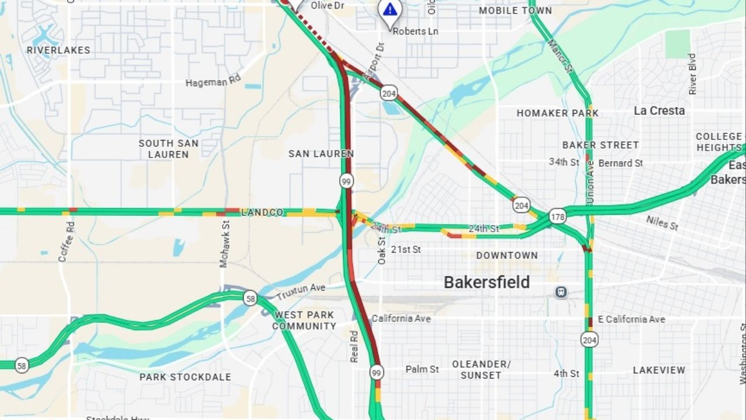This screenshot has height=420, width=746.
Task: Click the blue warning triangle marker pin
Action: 389,10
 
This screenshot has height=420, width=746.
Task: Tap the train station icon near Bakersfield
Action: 561,292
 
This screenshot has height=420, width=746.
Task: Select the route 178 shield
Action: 557,216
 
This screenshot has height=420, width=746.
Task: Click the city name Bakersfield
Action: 487,282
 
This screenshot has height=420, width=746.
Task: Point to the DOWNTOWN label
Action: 506,256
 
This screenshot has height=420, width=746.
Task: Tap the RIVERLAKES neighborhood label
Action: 58,50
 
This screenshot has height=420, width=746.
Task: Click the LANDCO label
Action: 262,212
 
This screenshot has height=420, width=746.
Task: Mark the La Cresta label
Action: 659,111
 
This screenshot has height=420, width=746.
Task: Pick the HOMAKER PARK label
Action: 557,113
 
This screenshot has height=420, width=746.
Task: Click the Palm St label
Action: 422,369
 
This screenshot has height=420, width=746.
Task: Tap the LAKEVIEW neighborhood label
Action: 659,370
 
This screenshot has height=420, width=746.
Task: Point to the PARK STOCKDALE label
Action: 185,377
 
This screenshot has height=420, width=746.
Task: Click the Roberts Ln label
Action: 415,31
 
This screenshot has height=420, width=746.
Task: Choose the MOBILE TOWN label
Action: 515,10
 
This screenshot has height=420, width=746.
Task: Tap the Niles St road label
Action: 662,222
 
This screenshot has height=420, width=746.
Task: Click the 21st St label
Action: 406,250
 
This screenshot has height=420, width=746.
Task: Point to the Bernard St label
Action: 620,163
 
